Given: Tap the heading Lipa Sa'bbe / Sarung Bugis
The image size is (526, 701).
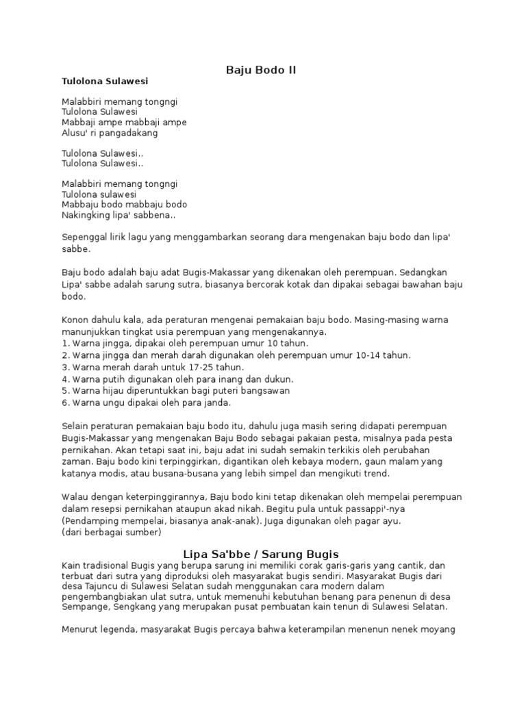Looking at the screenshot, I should point(261,554).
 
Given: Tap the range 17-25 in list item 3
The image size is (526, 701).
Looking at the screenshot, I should point(181,367).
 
